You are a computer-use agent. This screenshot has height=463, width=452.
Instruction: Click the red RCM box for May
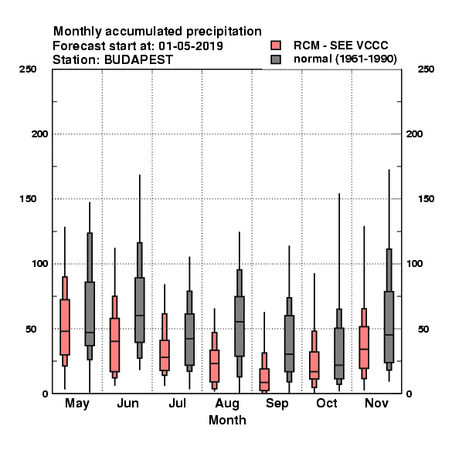tap(65, 327)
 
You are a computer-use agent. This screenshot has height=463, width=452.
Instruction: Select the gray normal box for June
tap(140, 310)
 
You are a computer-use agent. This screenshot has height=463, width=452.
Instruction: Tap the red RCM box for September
tap(264, 380)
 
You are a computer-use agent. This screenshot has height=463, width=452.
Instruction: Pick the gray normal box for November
tap(389, 327)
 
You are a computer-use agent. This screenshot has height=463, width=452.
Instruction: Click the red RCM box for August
tap(214, 366)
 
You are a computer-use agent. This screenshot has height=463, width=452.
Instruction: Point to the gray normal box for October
tap(339, 353)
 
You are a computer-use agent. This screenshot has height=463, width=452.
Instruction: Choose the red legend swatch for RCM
tap(276, 46)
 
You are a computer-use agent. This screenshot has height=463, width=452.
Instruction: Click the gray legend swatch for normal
tap(276, 59)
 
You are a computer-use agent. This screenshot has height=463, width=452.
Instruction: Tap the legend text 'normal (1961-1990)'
tap(345, 59)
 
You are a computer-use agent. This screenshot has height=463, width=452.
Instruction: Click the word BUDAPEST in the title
tap(138, 60)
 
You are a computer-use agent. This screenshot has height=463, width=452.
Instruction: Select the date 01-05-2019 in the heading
tap(191, 46)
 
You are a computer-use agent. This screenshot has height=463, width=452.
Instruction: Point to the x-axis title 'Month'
tap(227, 420)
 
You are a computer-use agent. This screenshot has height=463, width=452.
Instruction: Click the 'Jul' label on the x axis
tap(178, 403)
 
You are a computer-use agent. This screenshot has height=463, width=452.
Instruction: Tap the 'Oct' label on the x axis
tap(326, 403)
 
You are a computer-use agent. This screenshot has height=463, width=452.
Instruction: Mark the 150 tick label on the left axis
tap(28, 199)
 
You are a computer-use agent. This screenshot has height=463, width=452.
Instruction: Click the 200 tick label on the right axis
tap(414, 133)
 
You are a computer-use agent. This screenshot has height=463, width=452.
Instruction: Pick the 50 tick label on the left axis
tap(31, 329)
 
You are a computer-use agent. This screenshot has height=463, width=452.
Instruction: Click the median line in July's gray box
tap(189, 339)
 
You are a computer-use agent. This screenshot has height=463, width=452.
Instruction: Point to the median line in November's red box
tap(364, 349)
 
